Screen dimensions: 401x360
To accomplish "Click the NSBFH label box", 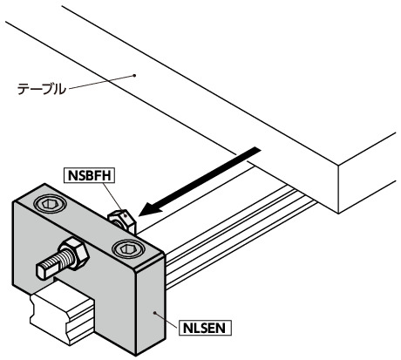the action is point(89,175).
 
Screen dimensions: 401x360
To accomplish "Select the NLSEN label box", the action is point(205,328).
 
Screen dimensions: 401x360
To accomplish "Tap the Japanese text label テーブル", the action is point(42,89).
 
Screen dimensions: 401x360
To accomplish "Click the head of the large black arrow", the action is point(151,208).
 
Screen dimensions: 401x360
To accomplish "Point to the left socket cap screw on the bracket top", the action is point(50,204).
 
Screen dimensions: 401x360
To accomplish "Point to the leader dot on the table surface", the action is point(134,76).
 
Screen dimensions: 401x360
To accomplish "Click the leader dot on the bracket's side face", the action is point(154,313).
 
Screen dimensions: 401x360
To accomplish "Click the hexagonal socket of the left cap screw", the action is point(49,204).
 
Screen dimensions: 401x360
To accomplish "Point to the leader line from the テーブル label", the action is point(100,82).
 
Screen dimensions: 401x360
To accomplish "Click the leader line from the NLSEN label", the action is point(167,320).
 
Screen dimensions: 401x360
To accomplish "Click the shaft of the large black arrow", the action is point(208,177).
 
